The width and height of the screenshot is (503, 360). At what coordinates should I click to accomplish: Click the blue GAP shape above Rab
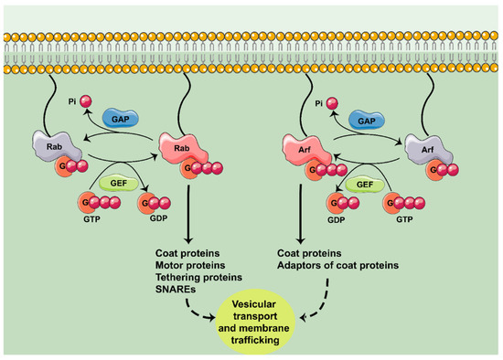pos(120,120)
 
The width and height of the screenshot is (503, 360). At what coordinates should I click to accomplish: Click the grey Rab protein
pos(50,146)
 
